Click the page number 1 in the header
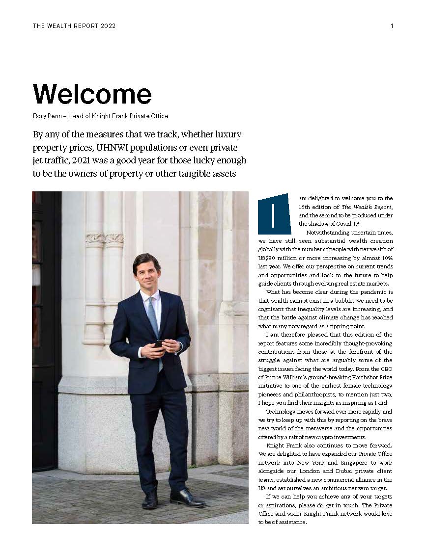[392, 26]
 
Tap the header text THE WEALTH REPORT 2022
[74, 26]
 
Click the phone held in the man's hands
[159, 343]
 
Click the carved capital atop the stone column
[105, 239]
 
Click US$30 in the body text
[268, 258]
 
